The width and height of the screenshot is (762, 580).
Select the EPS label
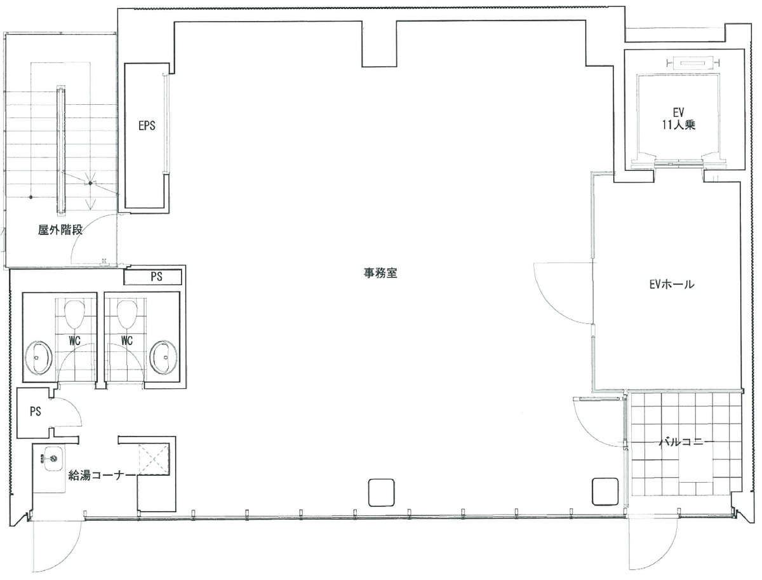click(147, 126)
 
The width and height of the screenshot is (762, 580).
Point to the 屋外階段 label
click(60, 231)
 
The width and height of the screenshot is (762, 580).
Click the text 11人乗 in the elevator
click(679, 125)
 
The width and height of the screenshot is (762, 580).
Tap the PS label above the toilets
click(156, 276)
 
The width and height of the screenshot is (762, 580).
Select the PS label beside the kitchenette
click(35, 412)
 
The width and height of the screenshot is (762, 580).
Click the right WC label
click(126, 341)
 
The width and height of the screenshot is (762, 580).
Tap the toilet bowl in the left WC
click(76, 313)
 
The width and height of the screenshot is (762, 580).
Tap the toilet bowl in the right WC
click(127, 313)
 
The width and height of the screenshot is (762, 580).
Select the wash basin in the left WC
click(40, 357)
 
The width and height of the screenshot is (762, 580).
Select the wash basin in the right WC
click(163, 357)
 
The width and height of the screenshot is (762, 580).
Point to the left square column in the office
click(381, 491)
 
